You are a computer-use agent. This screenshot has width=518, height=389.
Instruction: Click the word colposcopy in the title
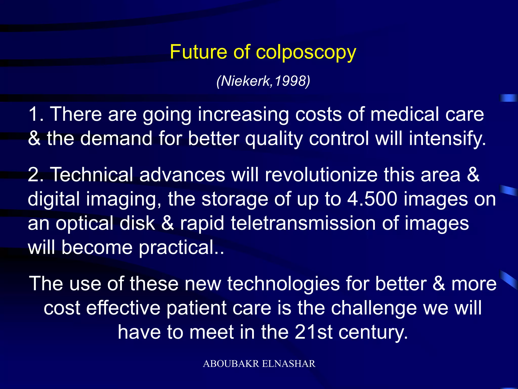pyautogui.click(x=306, y=52)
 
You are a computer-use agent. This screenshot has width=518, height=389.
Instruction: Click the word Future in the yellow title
pyautogui.click(x=198, y=52)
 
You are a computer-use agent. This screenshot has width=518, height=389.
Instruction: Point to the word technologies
pyautogui.click(x=283, y=284)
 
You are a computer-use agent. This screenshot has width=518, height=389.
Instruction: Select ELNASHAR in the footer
pyautogui.click(x=289, y=364)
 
